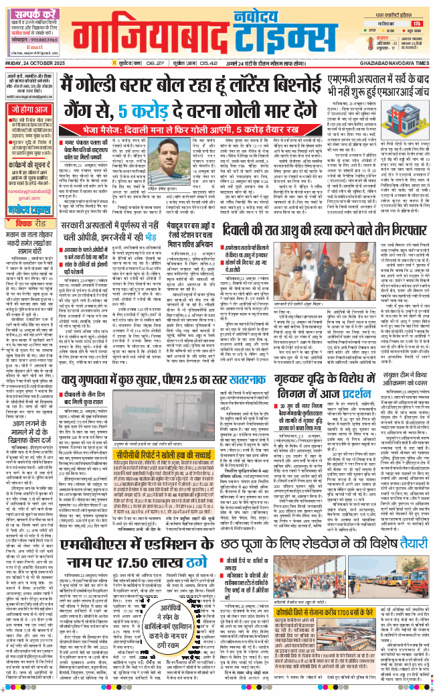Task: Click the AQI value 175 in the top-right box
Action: (417, 23)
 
